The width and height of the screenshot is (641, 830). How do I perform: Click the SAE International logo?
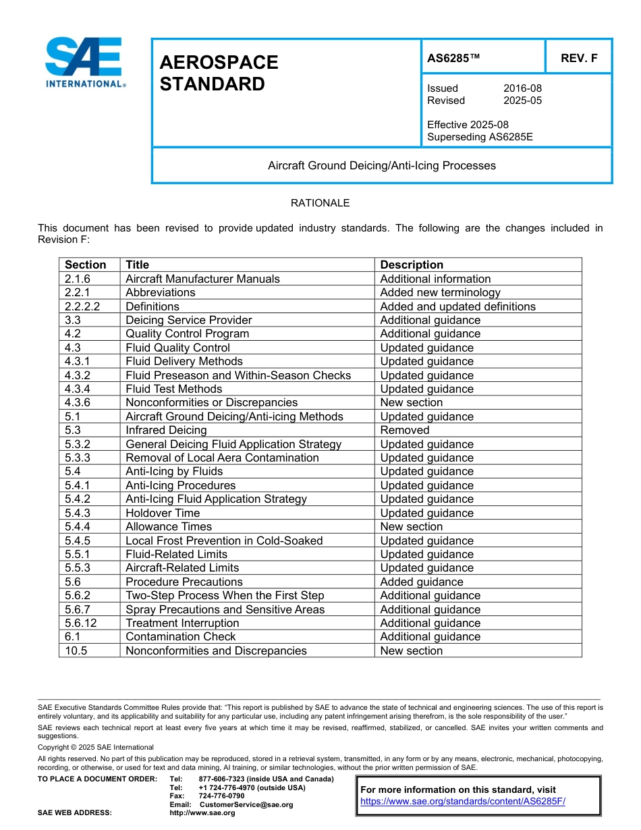pos(84,62)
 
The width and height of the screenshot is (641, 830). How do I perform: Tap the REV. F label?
pos(579,58)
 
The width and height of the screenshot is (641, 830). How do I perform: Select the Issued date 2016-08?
pos(522,88)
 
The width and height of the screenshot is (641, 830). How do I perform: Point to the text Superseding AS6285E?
pos(480,137)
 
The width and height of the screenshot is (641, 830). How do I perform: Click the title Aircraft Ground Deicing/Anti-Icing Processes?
pos(381,165)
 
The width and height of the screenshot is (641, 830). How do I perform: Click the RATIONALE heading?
pos(320,202)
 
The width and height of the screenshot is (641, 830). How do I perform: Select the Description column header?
pos(412,265)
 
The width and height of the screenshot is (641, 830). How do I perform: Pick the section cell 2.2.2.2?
pos(82,306)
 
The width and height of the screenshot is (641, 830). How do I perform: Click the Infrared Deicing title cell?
pos(166,430)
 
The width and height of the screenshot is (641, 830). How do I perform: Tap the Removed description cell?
pos(404,430)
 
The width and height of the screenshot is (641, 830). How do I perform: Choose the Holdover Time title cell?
pos(163,513)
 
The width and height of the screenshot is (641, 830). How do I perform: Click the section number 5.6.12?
pos(81,623)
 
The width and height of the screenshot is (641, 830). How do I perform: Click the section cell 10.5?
pos(76,651)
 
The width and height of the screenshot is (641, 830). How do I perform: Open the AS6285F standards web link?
pos(462,802)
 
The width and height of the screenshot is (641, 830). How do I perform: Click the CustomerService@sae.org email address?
pos(246,804)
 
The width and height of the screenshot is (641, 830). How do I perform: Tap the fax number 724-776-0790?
pos(221,796)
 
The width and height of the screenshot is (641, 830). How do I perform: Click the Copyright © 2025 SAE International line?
pos(96,747)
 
